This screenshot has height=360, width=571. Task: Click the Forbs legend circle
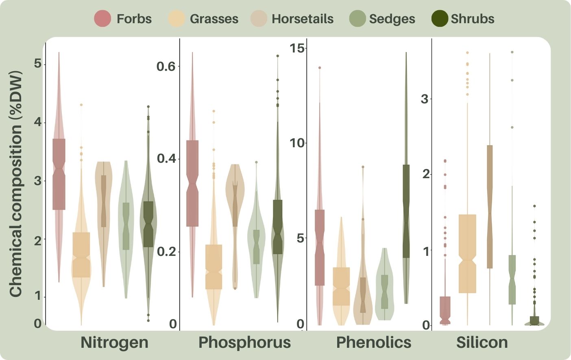[102, 19]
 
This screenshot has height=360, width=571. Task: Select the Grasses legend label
[214, 19]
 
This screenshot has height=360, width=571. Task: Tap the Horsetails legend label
[302, 19]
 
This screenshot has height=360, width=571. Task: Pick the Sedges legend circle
[357, 19]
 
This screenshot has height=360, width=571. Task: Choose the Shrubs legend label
[473, 19]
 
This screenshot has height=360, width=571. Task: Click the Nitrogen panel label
[114, 343]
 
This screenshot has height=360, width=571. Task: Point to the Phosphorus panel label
[244, 343]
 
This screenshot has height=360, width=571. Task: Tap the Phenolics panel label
[374, 343]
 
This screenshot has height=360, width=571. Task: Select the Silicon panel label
[482, 343]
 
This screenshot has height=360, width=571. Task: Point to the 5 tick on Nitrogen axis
[38, 64]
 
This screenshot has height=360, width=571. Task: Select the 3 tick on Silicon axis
[425, 99]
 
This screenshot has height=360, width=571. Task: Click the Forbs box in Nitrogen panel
[59, 174]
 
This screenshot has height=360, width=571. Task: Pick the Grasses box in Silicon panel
[467, 253]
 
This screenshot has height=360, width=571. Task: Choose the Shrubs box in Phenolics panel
[406, 211]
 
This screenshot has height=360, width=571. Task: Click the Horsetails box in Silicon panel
[490, 207]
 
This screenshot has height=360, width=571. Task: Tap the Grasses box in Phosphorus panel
[214, 266]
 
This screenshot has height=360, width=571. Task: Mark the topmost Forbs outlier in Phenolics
[320, 68]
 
